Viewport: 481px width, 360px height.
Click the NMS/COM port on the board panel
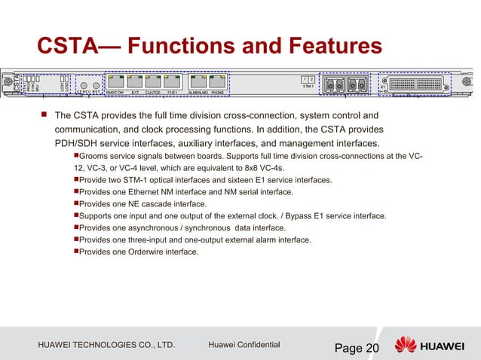tap(115, 81)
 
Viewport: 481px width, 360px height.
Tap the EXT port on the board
tap(135, 81)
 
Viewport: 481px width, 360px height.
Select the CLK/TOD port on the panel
tap(154, 81)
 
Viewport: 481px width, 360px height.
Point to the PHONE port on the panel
tap(218, 81)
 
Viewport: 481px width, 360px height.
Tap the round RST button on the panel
tap(95, 84)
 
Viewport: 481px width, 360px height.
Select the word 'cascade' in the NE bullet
tap(165, 204)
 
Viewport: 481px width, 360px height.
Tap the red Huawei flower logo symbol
tap(405, 346)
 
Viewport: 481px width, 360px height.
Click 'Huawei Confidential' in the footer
tap(244, 345)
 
